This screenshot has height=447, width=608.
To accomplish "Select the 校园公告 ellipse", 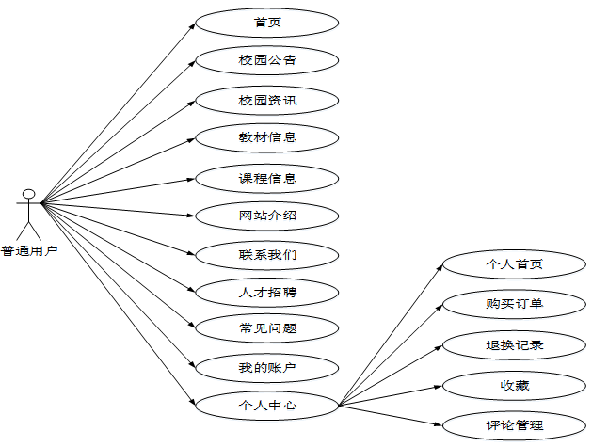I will [267, 60].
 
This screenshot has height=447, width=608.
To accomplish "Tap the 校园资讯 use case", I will [267, 99].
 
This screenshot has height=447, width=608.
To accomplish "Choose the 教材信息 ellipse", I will [267, 137].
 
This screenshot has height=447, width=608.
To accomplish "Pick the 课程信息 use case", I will [267, 177].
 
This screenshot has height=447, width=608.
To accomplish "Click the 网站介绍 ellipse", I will [267, 216].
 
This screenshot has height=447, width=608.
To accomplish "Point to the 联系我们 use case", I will [267, 254].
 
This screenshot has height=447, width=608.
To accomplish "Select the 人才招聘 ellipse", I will [267, 292].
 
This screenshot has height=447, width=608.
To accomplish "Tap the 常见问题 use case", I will [267, 328].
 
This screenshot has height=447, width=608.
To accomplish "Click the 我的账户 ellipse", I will [267, 367].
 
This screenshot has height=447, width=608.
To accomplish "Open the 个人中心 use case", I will [267, 406].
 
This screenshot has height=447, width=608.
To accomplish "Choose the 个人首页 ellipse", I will [514, 264].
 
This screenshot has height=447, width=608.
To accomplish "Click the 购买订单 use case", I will [514, 304].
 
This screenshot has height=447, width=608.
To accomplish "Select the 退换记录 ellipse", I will [514, 344].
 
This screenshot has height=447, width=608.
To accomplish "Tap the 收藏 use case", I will [514, 384].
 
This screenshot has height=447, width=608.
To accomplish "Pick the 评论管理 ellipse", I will [514, 424].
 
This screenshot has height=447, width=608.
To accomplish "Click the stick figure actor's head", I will [29, 195].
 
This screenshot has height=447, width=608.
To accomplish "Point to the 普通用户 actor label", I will [29, 250].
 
